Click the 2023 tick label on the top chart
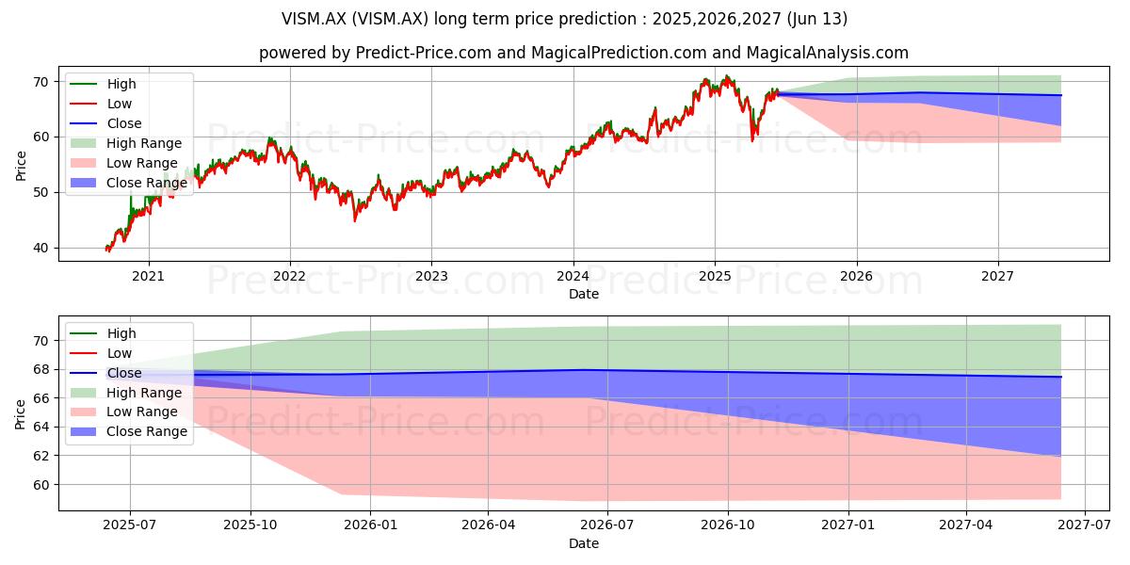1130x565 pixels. [431, 277]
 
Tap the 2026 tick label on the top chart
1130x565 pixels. [857, 277]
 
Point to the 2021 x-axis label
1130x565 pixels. [148, 277]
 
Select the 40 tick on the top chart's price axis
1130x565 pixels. [41, 249]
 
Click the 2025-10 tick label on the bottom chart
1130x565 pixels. [250, 525]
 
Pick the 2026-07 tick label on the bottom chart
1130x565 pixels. [607, 525]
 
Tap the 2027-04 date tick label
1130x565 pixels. [965, 525]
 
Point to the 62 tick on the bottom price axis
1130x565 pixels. [41, 456]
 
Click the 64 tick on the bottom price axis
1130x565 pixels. [41, 428]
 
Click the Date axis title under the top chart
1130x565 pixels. [584, 294]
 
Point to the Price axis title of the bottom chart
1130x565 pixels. [20, 414]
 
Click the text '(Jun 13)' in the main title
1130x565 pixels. [816, 19]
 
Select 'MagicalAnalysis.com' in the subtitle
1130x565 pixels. [828, 53]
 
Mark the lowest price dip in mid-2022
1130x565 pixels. [355, 220]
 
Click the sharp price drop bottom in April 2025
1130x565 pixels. [752, 140]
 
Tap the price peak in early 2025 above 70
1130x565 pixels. [727, 75]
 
